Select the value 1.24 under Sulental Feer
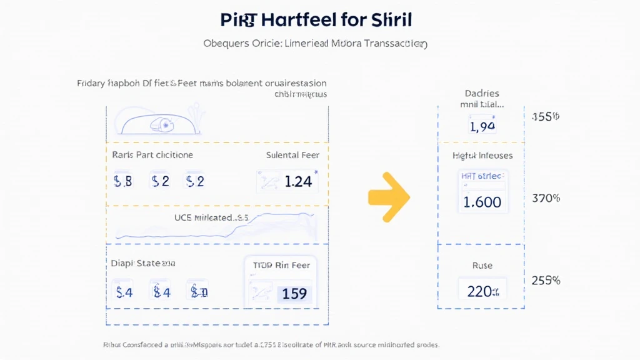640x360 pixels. point(297,182)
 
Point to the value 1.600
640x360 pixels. point(482,202)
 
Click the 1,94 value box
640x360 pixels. point(481,127)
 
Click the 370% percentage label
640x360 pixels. point(546,198)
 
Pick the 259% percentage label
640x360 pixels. point(546,281)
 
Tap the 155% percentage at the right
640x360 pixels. point(545,117)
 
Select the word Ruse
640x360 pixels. point(482,266)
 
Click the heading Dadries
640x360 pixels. point(482,93)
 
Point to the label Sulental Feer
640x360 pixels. point(292,155)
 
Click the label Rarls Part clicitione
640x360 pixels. point(152,155)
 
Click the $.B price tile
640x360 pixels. point(123,182)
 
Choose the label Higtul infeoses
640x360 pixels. point(482,156)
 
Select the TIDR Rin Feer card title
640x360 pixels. point(281,265)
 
